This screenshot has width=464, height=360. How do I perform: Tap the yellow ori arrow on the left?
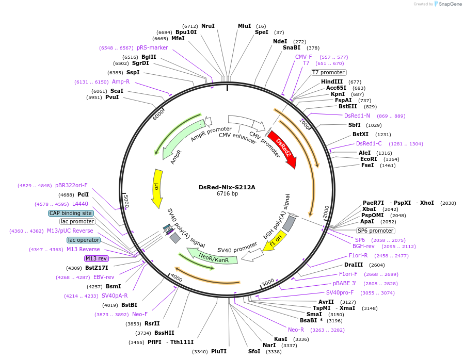pyautogui.click(x=156, y=188)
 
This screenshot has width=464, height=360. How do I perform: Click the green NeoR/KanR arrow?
pyautogui.click(x=212, y=256)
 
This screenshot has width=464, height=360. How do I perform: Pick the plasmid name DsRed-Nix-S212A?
pyautogui.click(x=227, y=187)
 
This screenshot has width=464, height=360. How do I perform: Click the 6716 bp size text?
pyautogui.click(x=227, y=194)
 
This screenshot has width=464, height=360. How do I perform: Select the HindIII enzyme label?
pyautogui.click(x=332, y=81)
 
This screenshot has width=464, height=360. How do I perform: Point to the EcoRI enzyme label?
pyautogui.click(x=369, y=159)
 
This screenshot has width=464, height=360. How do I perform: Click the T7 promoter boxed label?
pyautogui.click(x=328, y=73)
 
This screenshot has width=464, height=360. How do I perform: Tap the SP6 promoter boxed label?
pyautogui.click(x=375, y=231)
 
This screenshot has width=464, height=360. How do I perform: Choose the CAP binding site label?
pyautogui.click(x=71, y=213)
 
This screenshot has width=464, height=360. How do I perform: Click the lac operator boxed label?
pyautogui.click(x=83, y=240)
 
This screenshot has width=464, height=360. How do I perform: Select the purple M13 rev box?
pyautogui.click(x=97, y=258)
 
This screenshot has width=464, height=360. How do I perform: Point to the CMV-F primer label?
pyautogui.click(x=303, y=57)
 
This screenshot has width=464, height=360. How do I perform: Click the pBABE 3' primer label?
pyautogui.click(x=344, y=283)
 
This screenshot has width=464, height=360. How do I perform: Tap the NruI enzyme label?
pyautogui.click(x=208, y=26)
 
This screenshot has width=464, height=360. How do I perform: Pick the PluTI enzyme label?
pyautogui.click(x=219, y=351)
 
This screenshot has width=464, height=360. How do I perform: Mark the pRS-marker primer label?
pyautogui.click(x=152, y=47)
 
